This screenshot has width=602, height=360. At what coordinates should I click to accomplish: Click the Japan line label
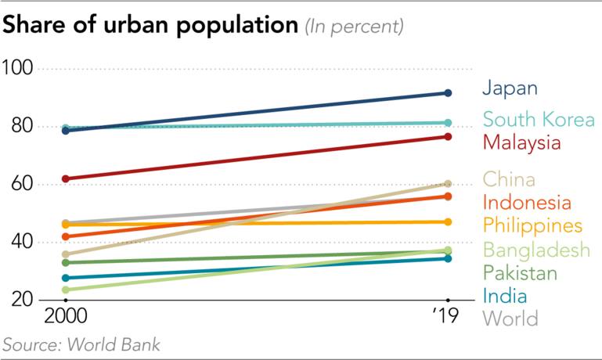pyautogui.click(x=510, y=87)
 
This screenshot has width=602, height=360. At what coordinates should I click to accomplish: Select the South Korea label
pyautogui.click(x=538, y=120)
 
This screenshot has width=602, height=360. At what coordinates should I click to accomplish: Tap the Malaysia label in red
pyautogui.click(x=522, y=143)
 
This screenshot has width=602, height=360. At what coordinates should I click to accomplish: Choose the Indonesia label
pyautogui.click(x=527, y=203)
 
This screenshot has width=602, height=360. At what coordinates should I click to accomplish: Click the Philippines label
pyautogui.click(x=532, y=226)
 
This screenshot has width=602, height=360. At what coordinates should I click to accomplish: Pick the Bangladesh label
pyautogui.click(x=535, y=250)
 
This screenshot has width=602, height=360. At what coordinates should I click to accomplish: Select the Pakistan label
pyautogui.click(x=521, y=273)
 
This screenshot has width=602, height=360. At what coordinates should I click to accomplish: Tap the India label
pyautogui.click(x=505, y=296)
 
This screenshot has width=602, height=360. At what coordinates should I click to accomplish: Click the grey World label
pyautogui.click(x=510, y=319)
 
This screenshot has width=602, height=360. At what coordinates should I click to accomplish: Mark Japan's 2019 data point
pyautogui.click(x=447, y=93)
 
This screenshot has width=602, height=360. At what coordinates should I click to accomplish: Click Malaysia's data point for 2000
pyautogui.click(x=66, y=178)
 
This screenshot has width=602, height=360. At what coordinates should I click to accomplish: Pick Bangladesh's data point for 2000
pyautogui.click(x=66, y=290)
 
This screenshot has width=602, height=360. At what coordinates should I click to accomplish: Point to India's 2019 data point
pyautogui.click(x=447, y=258)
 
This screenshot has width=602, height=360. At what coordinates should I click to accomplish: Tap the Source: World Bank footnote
pyautogui.click(x=82, y=344)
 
